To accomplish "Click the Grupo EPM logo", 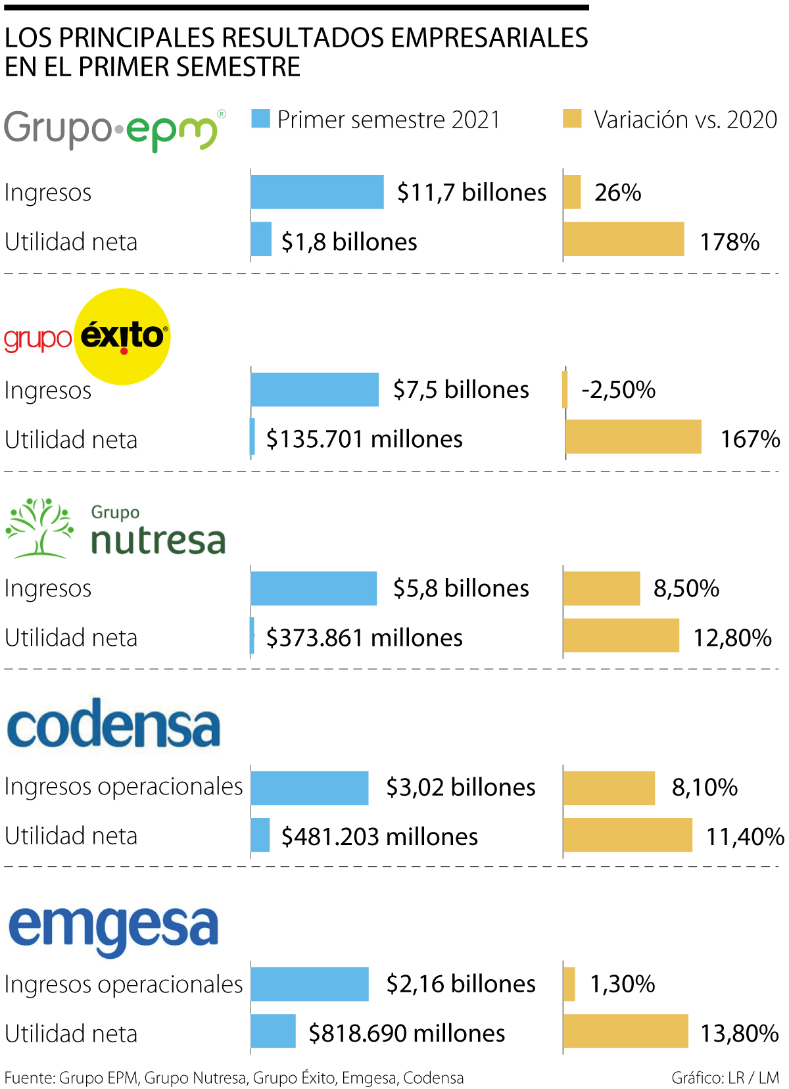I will click(x=113, y=130).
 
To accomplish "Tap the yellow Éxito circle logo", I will click(x=122, y=336).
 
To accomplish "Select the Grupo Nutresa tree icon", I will click(x=39, y=528).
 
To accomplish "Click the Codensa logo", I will click(x=113, y=725).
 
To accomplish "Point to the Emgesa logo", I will click(x=113, y=927).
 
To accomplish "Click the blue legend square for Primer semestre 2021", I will click(x=260, y=119).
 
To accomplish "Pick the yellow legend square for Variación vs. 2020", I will click(x=572, y=119).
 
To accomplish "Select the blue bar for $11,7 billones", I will click(x=317, y=192).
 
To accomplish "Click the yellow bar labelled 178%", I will click(x=623, y=239).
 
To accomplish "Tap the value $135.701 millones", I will click(x=364, y=439).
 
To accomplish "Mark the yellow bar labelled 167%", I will click(x=633, y=437).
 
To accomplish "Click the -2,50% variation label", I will click(x=618, y=389).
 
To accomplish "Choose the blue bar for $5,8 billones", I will click(x=314, y=588).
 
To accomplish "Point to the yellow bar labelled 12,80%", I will click(x=621, y=635).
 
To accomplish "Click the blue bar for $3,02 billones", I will click(x=310, y=788).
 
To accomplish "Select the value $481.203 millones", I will click(x=379, y=836).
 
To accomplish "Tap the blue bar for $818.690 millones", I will click(x=273, y=1031).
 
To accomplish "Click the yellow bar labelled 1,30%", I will click(x=569, y=984).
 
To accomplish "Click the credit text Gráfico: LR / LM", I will click(x=725, y=1078).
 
